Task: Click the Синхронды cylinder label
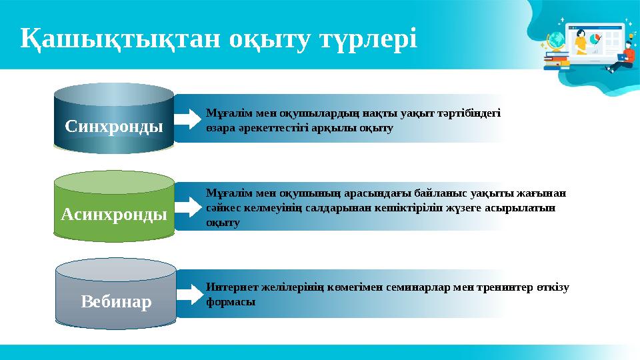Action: pyautogui.click(x=114, y=125)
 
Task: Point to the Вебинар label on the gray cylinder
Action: pyautogui.click(x=116, y=302)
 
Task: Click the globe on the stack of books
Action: pyautogui.click(x=555, y=41)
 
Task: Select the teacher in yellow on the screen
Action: pyautogui.click(x=580, y=41)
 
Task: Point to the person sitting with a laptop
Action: pyautogui.click(x=623, y=57)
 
